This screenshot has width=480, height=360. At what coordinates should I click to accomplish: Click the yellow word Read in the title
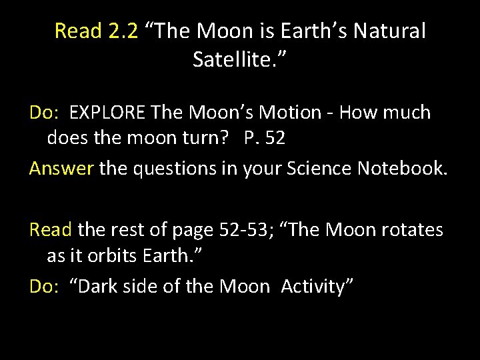(77, 31)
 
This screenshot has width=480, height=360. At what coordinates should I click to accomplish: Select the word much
(407, 112)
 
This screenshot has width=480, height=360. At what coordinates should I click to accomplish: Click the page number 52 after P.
(275, 138)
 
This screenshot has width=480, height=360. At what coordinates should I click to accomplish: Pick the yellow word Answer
(61, 169)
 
